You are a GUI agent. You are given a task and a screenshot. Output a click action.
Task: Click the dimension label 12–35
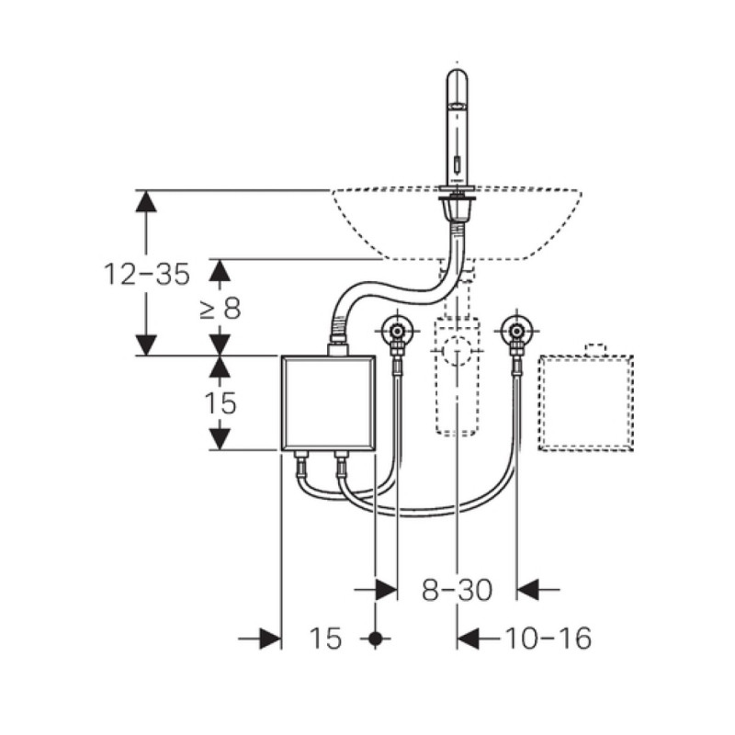[147, 274]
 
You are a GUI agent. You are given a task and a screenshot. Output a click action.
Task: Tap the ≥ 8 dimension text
[220, 309]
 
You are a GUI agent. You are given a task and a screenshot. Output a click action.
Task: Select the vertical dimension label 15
[220, 403]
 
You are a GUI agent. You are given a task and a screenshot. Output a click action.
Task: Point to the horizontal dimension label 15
[325, 638]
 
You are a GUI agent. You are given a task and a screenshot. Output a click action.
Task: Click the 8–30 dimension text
[457, 590]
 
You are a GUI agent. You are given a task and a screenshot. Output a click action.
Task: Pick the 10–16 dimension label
[548, 638]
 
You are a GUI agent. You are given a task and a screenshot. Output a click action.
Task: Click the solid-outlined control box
[328, 403]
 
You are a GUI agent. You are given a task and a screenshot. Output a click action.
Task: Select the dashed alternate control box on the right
[586, 398]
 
